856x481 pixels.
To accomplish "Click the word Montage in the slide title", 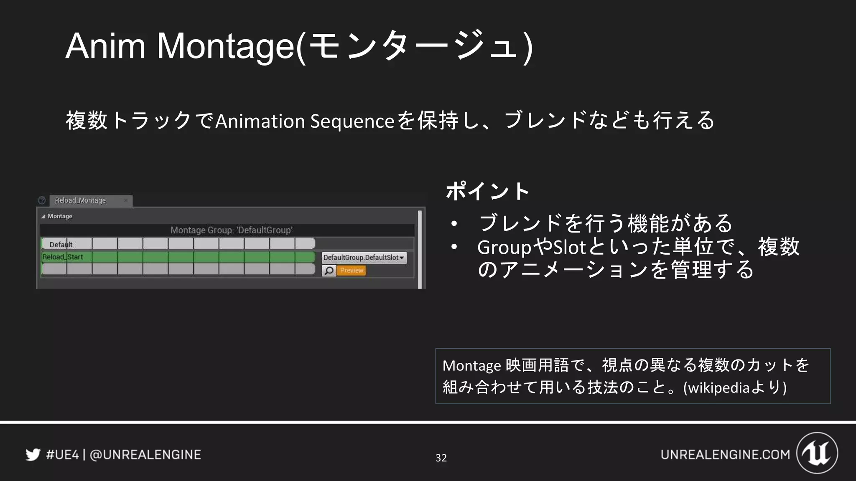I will click(226, 46).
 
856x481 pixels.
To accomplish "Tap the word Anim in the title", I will click(105, 46).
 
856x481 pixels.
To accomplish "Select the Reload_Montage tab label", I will click(80, 200).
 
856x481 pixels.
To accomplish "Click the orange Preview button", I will click(352, 271).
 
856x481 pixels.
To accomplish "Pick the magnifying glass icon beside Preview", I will click(329, 271).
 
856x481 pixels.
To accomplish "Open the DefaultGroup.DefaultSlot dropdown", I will click(364, 258).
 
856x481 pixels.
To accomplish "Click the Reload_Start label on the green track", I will click(63, 257).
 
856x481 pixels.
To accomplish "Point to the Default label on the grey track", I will click(61, 245).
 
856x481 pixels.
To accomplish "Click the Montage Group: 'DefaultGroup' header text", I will click(231, 230).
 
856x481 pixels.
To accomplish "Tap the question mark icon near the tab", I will click(42, 200).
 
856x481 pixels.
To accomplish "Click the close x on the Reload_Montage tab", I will click(125, 200).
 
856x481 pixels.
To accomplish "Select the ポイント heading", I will click(487, 191).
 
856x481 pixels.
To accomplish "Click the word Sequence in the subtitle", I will click(352, 122).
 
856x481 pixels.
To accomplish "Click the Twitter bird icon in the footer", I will click(33, 454).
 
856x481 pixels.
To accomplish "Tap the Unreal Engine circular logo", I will click(817, 453).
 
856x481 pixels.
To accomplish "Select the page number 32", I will click(441, 458).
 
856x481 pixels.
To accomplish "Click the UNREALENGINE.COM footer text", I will click(725, 455).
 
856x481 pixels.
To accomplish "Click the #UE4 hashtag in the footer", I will click(62, 455).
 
